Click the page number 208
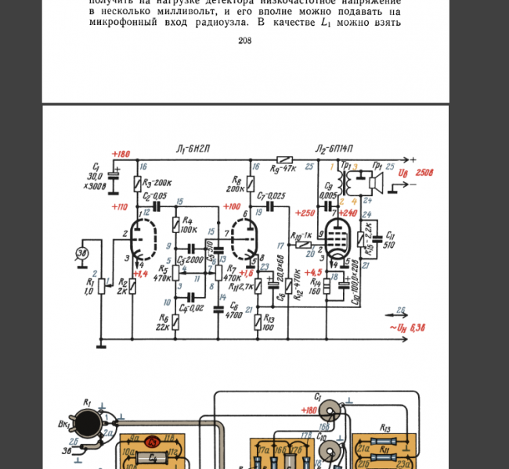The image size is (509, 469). click(x=244, y=41)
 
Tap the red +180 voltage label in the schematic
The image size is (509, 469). click(x=121, y=154)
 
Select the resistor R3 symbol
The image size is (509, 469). click(x=137, y=183)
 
